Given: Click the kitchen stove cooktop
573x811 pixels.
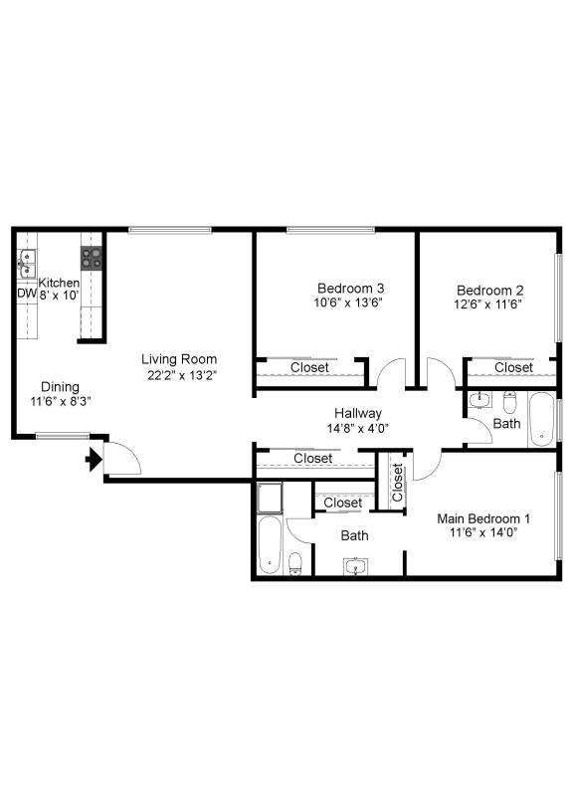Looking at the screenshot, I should [x=93, y=259].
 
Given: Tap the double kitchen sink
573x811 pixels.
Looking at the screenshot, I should [x=25, y=265].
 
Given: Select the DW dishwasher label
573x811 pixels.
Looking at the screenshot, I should [x=26, y=295].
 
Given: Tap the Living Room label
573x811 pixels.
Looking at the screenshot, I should [x=179, y=359].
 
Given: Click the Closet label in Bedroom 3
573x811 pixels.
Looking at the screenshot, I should [x=310, y=367].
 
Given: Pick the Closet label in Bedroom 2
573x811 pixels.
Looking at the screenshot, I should [x=513, y=367].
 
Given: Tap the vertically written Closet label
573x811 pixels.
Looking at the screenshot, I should [x=397, y=483].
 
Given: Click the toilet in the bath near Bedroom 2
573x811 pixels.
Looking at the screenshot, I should [x=510, y=403].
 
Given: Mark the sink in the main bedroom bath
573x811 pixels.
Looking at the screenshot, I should [x=356, y=567].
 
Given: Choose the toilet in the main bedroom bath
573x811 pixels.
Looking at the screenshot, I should [x=294, y=564].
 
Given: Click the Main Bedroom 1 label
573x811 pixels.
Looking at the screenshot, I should [x=484, y=518].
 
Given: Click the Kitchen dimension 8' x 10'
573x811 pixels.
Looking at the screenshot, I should [x=59, y=296].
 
